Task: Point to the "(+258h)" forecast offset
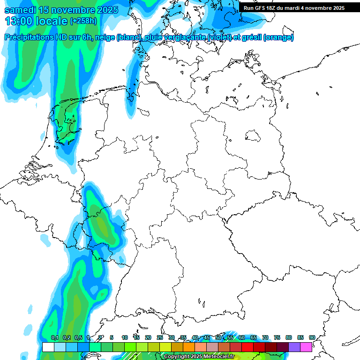coord(83,21)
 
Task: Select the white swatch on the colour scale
coord(48,347)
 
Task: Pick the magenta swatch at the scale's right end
coord(306,347)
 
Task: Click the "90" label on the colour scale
coord(312,337)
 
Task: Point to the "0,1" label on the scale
coord(55,337)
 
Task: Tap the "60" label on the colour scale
coord(241,337)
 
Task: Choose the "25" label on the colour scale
coord(160,337)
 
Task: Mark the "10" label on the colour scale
coord(125,337)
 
